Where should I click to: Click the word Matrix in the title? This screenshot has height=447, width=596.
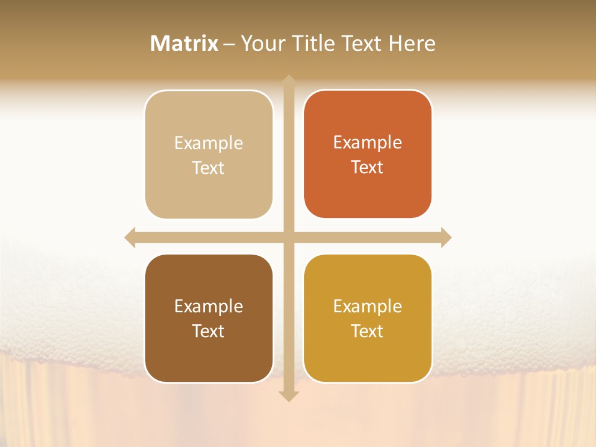pyautogui.click(x=184, y=43)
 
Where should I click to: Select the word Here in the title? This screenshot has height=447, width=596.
pyautogui.click(x=412, y=43)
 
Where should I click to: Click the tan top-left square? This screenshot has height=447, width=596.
pyautogui.click(x=209, y=155)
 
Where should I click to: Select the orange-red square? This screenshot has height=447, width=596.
pyautogui.click(x=368, y=154)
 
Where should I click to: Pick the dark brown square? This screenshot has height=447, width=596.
pyautogui.click(x=209, y=318)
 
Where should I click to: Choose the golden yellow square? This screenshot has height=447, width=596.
pyautogui.click(x=368, y=318)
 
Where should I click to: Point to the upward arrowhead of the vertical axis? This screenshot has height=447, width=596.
pyautogui.click(x=288, y=81)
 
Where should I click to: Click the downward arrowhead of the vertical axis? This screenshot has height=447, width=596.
pyautogui.click(x=288, y=396)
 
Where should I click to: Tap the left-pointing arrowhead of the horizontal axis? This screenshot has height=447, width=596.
pyautogui.click(x=130, y=237)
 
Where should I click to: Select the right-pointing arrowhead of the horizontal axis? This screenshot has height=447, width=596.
pyautogui.click(x=446, y=237)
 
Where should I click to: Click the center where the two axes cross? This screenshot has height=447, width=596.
pyautogui.click(x=288, y=237)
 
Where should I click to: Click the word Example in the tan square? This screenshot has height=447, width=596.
pyautogui.click(x=209, y=143)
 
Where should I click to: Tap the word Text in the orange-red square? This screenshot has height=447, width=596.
pyautogui.click(x=368, y=168)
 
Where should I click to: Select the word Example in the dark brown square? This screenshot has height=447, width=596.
pyautogui.click(x=209, y=307)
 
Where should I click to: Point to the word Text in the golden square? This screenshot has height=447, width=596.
pyautogui.click(x=368, y=331)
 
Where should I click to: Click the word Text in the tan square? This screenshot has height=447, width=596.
pyautogui.click(x=209, y=168)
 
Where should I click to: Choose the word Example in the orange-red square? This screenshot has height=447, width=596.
pyautogui.click(x=368, y=143)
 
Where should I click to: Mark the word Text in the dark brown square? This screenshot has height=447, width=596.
pyautogui.click(x=209, y=331)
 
